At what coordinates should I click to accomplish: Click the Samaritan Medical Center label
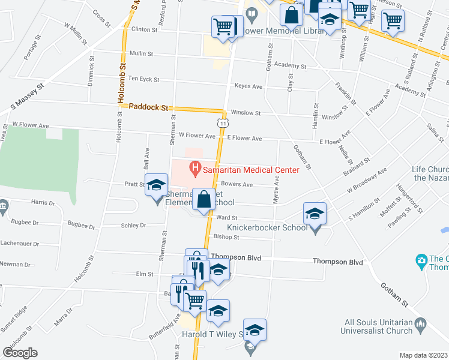(250, 170)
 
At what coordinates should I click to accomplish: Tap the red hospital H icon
(194, 169)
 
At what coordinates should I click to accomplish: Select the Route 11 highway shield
(223, 123)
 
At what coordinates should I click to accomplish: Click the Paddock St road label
(147, 107)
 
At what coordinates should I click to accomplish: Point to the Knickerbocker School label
(276, 227)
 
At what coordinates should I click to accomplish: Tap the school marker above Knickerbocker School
(315, 214)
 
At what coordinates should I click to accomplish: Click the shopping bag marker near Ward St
(203, 200)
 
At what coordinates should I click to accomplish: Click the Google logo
(20, 352)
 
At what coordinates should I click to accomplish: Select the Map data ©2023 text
(423, 355)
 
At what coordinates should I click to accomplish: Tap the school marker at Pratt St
(156, 185)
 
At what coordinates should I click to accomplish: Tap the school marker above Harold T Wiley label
(255, 330)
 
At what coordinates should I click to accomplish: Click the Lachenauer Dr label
(20, 244)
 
